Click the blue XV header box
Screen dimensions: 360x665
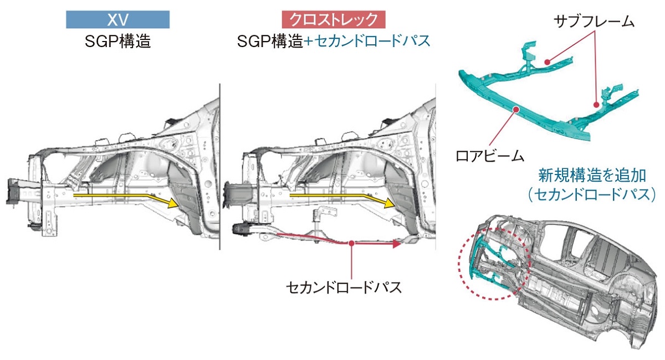(117, 20)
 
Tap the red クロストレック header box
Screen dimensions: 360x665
(334, 20)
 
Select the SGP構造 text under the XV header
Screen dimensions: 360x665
(117, 41)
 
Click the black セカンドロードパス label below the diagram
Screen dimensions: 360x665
(344, 287)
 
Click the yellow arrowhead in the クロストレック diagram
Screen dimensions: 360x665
(390, 203)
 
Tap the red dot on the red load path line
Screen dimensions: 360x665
(352, 242)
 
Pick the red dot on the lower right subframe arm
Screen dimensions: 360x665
(596, 104)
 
